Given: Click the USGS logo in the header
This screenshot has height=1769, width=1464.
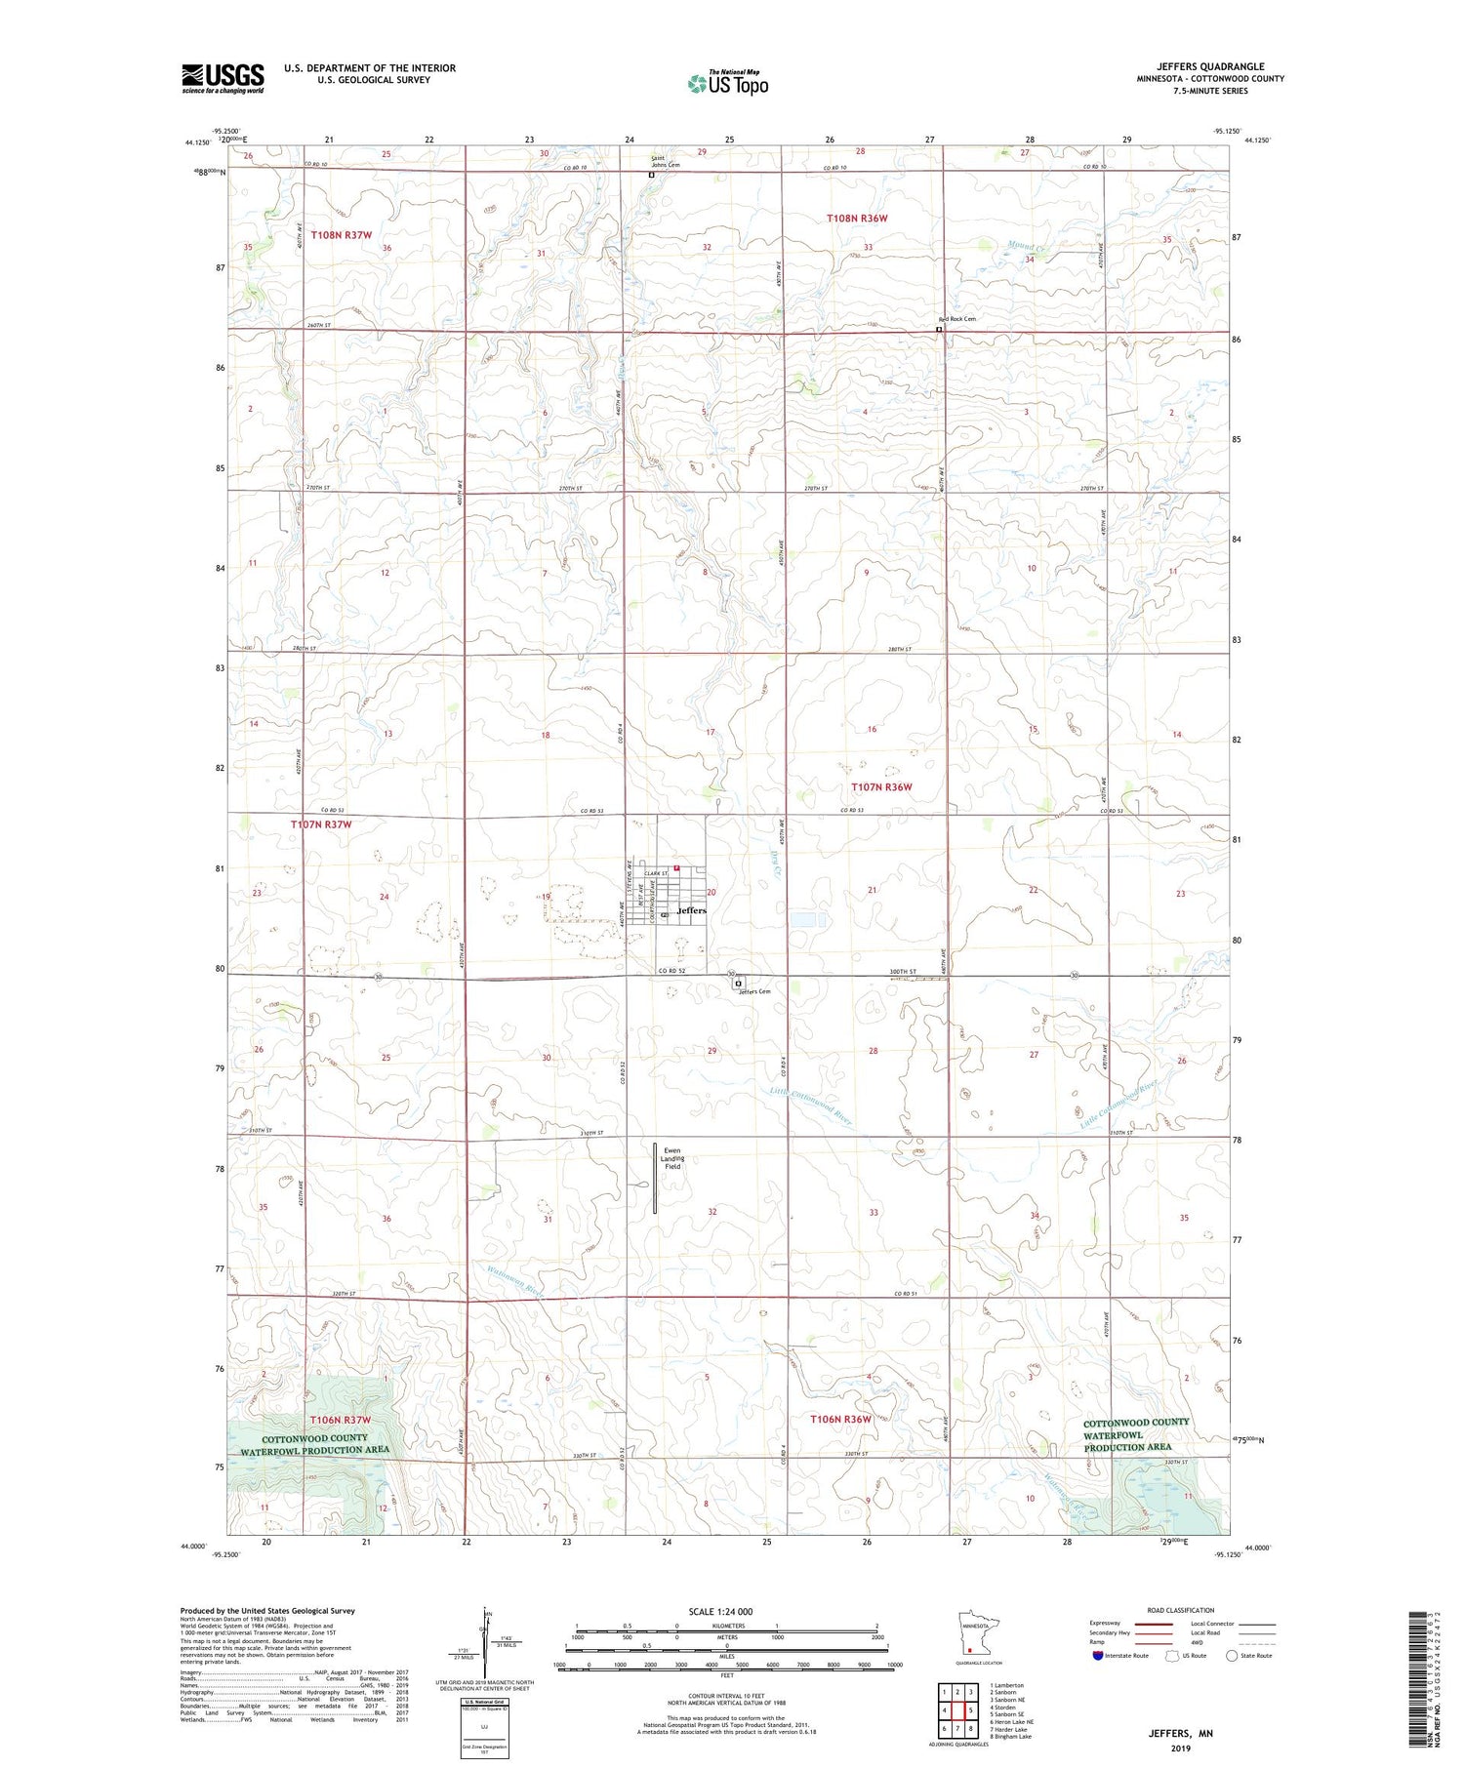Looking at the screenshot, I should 223,78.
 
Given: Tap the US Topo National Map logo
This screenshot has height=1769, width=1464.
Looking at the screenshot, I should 727,83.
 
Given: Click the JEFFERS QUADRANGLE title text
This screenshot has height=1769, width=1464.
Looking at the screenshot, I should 1210,67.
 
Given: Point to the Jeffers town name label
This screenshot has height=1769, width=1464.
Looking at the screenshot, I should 691,910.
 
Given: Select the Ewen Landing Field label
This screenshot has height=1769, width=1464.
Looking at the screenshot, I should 672,1158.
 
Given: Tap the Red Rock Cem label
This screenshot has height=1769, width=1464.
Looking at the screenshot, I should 956,319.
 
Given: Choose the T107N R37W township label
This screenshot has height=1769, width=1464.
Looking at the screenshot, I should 320,824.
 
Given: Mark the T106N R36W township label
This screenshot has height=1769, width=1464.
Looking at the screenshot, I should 839,1419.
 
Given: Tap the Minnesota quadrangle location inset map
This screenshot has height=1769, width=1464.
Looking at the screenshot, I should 978,1634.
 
